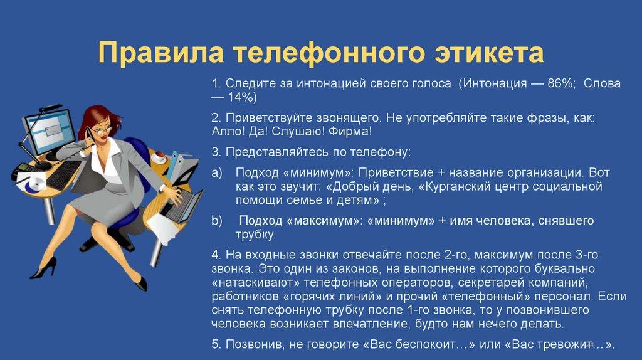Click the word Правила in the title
(x=161, y=53)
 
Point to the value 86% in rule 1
(x=561, y=83)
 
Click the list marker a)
(x=217, y=173)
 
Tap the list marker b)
(x=217, y=221)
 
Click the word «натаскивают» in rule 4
(x=256, y=283)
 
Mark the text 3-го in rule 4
(x=587, y=255)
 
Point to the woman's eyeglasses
(x=101, y=131)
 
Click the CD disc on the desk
(x=36, y=184)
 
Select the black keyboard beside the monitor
(x=63, y=174)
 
